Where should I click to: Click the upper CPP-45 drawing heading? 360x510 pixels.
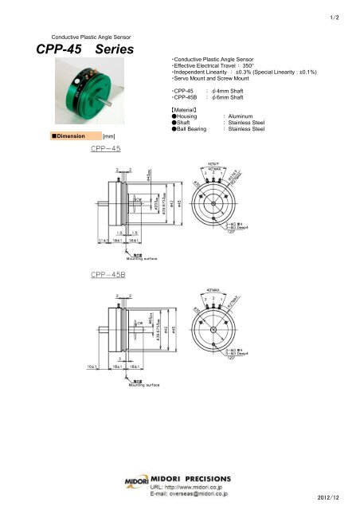point(108,148)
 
